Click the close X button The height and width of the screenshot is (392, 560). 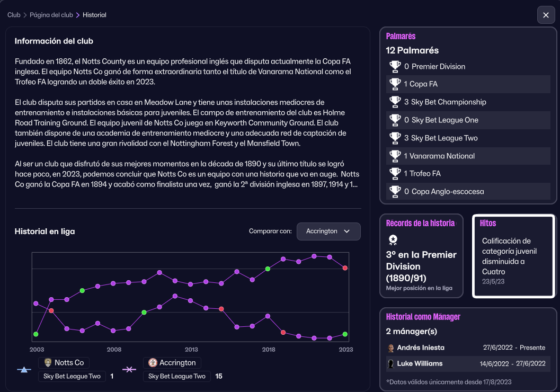546,15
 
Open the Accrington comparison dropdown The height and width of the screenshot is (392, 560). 328,231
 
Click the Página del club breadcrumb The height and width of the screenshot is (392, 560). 51,15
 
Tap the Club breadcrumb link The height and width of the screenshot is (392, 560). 14,15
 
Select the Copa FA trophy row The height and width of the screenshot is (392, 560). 468,84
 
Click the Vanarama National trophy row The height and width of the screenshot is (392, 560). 468,156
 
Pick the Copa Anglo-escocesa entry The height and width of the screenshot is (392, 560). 468,191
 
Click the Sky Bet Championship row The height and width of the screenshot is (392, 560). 468,102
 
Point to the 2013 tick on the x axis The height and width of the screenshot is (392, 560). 191,350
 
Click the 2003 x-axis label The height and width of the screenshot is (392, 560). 37,350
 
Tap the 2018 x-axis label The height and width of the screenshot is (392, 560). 269,350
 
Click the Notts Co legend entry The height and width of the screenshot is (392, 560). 64,363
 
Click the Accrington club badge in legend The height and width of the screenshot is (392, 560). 153,363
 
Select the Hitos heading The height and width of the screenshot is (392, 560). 487,224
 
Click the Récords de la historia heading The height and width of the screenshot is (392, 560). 420,224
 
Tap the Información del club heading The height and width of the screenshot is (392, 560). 54,41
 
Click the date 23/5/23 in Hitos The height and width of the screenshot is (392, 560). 493,281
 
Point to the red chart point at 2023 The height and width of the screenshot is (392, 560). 345,268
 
